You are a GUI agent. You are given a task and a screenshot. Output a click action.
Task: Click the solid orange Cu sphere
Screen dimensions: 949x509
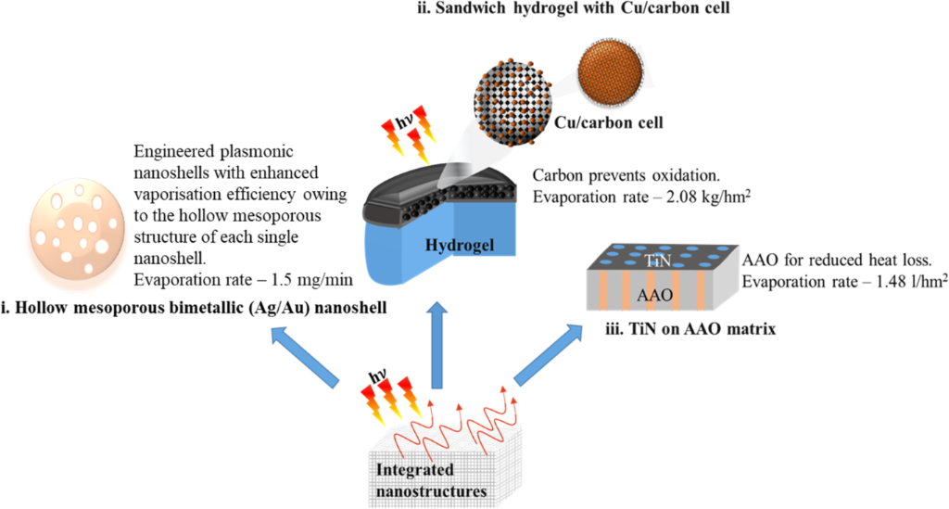tap(610, 72)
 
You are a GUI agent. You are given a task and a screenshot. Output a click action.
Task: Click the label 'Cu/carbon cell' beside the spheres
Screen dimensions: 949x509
tap(608, 122)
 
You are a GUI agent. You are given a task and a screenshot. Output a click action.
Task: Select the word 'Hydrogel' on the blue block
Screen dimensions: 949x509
tap(460, 245)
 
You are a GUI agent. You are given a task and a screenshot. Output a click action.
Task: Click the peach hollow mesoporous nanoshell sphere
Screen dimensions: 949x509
tap(77, 231)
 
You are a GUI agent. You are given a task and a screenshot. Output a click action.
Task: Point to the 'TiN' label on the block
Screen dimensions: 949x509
tap(658, 261)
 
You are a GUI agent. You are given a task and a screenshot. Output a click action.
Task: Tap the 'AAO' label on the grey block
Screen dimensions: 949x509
tap(655, 296)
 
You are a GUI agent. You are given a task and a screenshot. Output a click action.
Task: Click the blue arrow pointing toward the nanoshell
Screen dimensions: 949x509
tap(306, 356)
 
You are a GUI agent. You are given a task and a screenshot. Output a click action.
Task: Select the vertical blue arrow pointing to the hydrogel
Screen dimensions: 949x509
tap(437, 345)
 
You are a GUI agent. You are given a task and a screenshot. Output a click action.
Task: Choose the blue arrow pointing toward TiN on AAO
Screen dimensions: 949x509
tap(549, 355)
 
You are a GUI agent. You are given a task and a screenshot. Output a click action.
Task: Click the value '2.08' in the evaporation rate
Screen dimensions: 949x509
tap(682, 197)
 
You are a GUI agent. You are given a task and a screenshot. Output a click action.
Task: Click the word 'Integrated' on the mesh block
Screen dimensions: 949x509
tap(414, 470)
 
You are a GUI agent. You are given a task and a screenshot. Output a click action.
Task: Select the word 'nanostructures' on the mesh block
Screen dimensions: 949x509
tap(431, 490)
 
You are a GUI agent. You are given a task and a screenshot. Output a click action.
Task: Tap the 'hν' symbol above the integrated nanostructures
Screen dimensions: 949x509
tap(378, 377)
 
